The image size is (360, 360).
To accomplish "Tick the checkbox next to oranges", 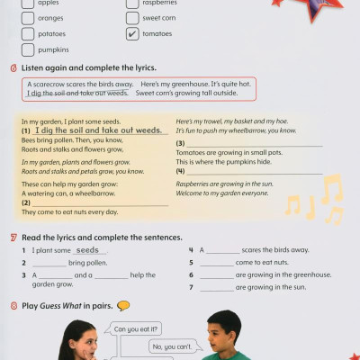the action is tap(28, 19).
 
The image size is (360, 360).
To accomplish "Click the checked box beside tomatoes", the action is tap(132, 34).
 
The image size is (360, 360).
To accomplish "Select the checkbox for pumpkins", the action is tap(28, 49).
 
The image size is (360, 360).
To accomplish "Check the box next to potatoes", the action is tap(28, 34).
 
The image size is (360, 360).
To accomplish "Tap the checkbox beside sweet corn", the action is tap(132, 19).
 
